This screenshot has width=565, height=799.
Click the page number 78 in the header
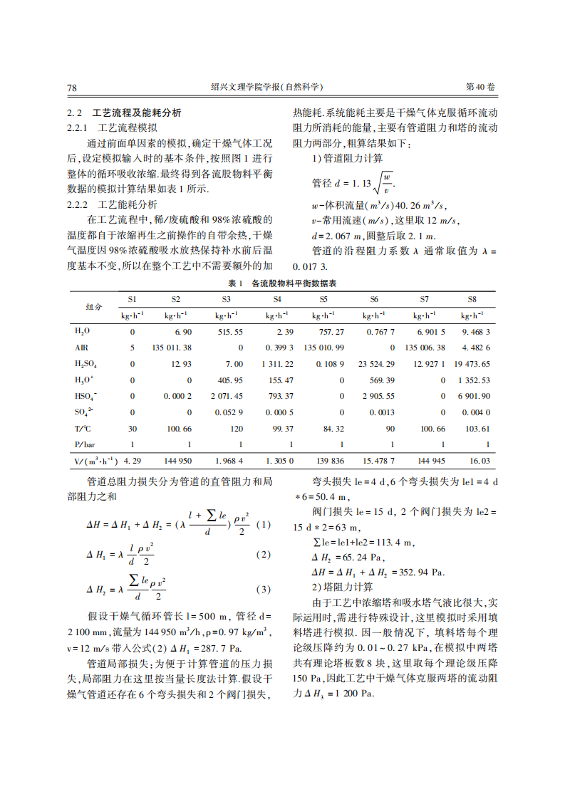(x=71, y=87)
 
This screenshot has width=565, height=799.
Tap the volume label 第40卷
(x=480, y=87)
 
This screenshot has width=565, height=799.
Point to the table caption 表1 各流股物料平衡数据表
(x=282, y=283)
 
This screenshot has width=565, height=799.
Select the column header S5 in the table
(x=323, y=299)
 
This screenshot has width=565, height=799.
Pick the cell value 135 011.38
(x=171, y=348)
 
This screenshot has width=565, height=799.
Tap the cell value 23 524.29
(x=376, y=364)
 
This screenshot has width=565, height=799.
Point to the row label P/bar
(x=84, y=445)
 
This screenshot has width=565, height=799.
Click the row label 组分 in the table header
(x=94, y=307)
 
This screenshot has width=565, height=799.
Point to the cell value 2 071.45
(x=226, y=396)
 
